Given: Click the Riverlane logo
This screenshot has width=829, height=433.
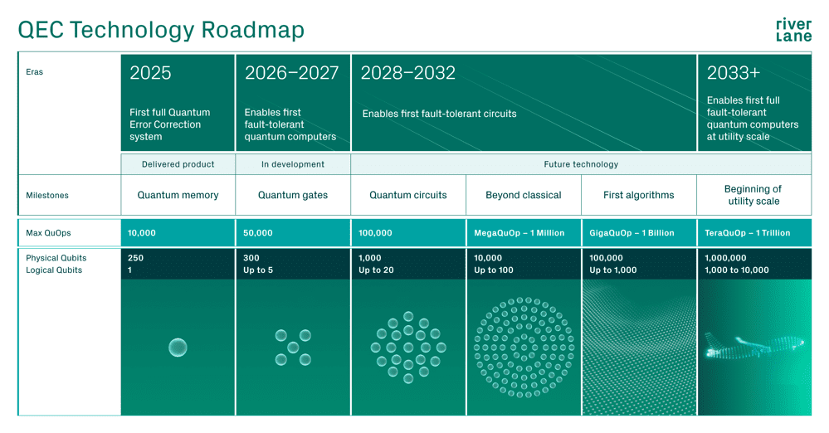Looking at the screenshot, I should pos(793,30).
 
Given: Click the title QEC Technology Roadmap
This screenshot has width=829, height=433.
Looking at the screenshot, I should pos(161,30).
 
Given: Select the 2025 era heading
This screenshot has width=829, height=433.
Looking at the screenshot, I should pos(150,73).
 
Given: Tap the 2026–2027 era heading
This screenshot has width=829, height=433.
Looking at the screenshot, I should pos(291,73).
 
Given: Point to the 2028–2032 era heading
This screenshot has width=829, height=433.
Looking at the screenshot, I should pos(407,73).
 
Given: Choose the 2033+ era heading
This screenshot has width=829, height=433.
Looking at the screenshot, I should pos(733,73).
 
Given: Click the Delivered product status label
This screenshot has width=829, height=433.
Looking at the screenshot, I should pos(178,164).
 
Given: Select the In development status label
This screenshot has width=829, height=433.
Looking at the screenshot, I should pos(292,164).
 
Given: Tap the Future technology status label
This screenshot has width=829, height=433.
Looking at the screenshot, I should pos(581,164).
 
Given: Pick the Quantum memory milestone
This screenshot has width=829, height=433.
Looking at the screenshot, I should pos(178,196).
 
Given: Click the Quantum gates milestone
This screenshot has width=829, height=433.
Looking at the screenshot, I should pos(292,196).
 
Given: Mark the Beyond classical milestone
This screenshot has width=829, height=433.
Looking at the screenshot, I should pos(524,196).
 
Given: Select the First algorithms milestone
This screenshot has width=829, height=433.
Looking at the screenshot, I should pos(638,196).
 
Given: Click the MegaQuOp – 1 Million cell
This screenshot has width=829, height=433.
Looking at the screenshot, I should pos(519,233).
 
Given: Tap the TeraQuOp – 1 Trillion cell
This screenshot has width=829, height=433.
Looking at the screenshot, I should pos(748,233).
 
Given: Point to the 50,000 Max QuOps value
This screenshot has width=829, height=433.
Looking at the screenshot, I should pos(257,233).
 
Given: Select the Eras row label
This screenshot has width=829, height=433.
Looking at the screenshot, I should pos(34,72).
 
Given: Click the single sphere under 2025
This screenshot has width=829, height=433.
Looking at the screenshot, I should pos(178,348).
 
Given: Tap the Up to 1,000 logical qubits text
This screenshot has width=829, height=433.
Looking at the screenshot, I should pos(613,270).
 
